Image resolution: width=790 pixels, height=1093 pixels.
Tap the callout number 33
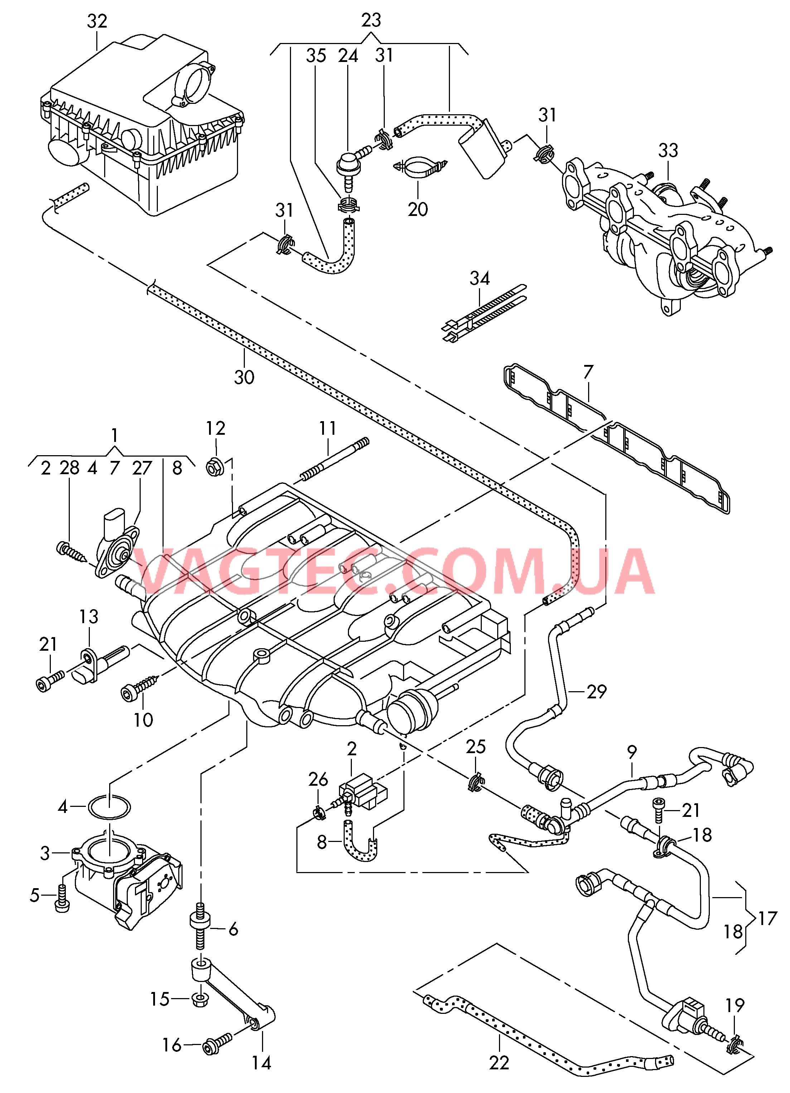coord(668,150)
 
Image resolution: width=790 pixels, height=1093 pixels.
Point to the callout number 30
coord(244,377)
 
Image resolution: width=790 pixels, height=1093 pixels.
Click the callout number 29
coord(597,692)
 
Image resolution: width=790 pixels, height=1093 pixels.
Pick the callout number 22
coord(499,1062)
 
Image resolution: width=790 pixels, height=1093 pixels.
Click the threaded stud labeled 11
coord(334,459)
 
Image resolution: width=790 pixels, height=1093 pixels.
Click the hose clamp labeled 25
coord(475,781)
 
